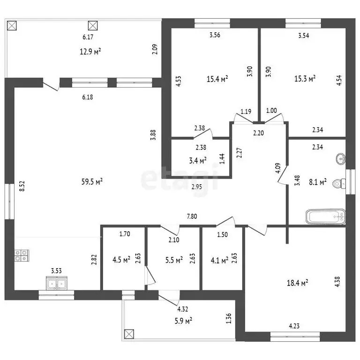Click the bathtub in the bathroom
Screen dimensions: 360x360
pyautogui.click(x=326, y=217)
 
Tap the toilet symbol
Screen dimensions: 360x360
pyautogui.click(x=339, y=183)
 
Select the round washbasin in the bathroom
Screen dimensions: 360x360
pyautogui.click(x=341, y=158)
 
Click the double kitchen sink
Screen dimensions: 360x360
pyautogui.click(x=56, y=283)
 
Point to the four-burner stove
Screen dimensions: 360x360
pyautogui.click(x=22, y=255)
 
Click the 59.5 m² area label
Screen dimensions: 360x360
pyautogui.click(x=92, y=182)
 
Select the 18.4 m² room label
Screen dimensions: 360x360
pyautogui.click(x=297, y=283)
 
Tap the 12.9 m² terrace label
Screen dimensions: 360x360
pyautogui.click(x=90, y=52)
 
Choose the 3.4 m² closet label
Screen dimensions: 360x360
pyautogui.click(x=198, y=160)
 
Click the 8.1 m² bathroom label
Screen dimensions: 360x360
pyautogui.click(x=318, y=182)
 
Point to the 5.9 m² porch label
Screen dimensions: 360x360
pyautogui.click(x=183, y=321)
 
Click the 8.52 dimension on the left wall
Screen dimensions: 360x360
pyautogui.click(x=22, y=186)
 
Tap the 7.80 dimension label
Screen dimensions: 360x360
pyautogui.click(x=192, y=216)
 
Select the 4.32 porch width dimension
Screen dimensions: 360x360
pyautogui.click(x=183, y=309)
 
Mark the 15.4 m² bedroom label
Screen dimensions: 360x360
pyautogui.click(x=217, y=79)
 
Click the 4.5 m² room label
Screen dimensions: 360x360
pyautogui.click(x=121, y=260)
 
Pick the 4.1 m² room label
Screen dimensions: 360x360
pyautogui.click(x=219, y=260)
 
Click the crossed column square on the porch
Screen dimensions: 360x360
pyautogui.click(x=129, y=334)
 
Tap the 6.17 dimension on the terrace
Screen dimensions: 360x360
pyautogui.click(x=88, y=37)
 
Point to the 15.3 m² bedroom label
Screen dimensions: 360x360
pyautogui.click(x=305, y=79)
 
